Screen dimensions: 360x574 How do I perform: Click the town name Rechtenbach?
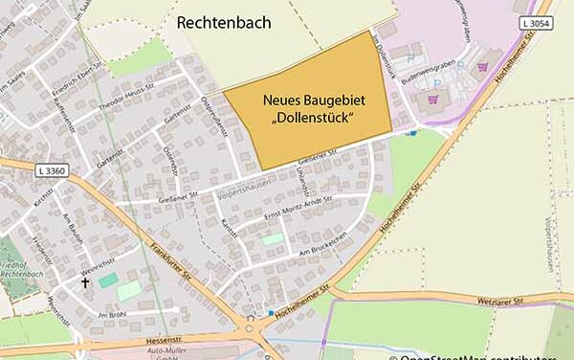pos(223,22)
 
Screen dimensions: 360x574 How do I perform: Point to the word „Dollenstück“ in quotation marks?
pos(314,118)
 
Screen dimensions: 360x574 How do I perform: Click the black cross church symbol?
pos(84,283)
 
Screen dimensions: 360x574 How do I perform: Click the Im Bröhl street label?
pos(112,313)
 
